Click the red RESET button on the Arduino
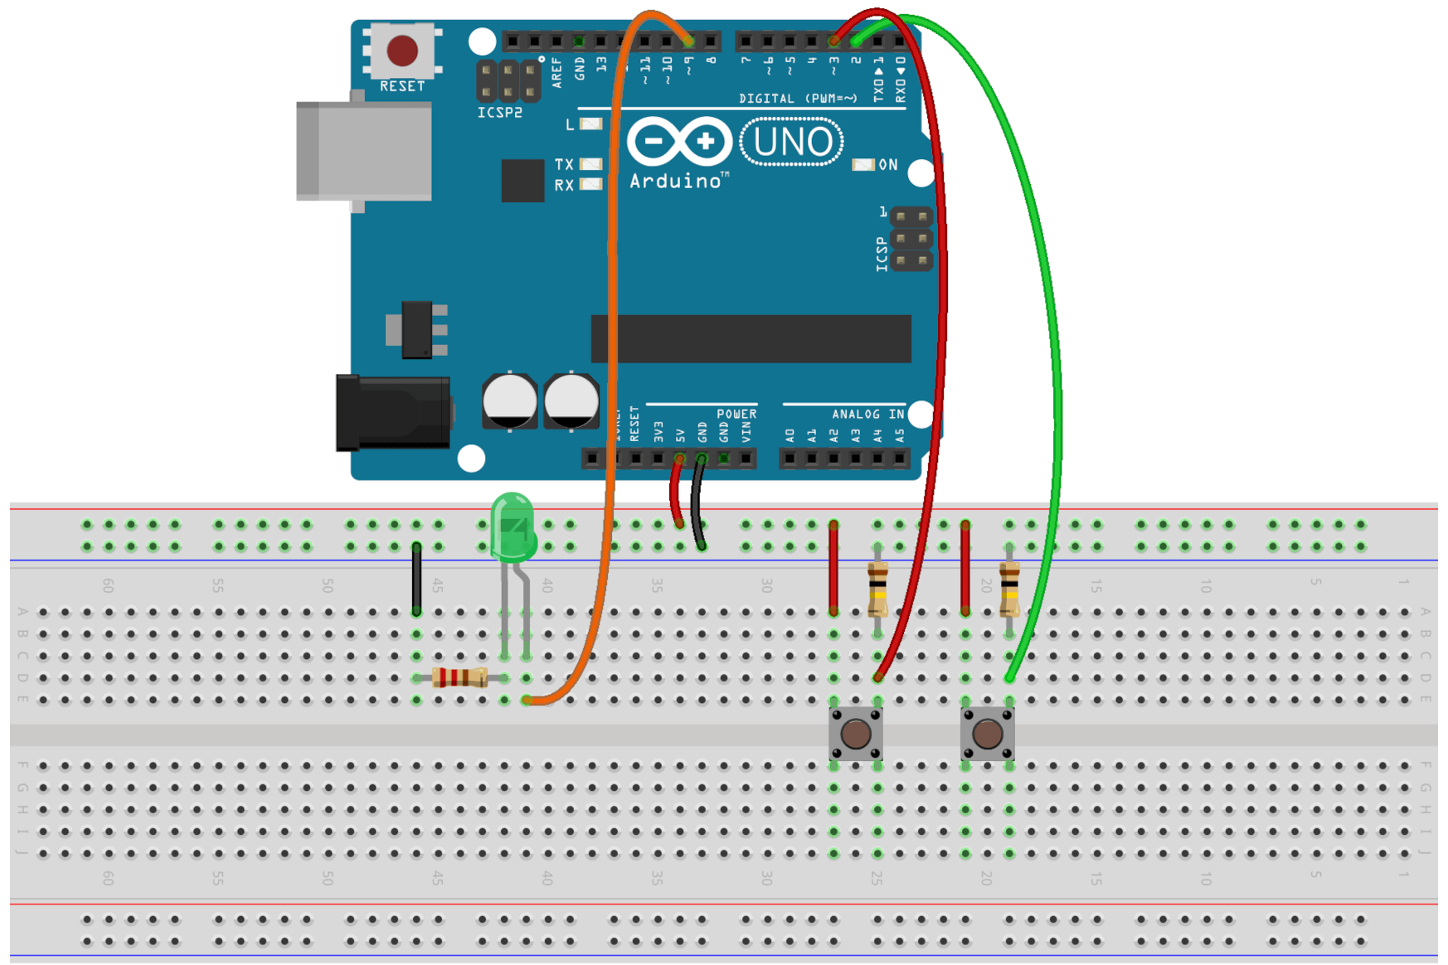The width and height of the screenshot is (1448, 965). [x=402, y=51]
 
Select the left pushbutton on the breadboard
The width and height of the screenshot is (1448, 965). [x=855, y=734]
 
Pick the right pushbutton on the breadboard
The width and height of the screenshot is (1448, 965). [x=987, y=734]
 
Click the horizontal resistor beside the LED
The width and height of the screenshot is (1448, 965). [x=459, y=677]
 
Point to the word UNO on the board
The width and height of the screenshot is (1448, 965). [x=792, y=142]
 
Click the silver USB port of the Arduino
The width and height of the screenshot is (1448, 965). [x=365, y=151]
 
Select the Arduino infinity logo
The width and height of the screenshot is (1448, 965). [x=679, y=141]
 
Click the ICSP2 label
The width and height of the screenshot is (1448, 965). [x=499, y=113]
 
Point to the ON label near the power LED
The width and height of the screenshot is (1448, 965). [x=888, y=165]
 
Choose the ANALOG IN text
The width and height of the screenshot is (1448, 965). [x=867, y=414]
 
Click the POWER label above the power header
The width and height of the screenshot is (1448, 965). [x=736, y=414]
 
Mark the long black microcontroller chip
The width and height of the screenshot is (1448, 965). [x=751, y=338]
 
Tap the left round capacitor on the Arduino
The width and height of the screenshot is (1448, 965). [x=509, y=401]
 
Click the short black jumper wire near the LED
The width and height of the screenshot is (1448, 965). [x=416, y=579]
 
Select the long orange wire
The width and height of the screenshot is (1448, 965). [x=612, y=249]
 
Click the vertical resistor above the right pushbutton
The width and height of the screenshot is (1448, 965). [x=1009, y=589]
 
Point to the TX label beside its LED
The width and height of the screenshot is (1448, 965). [x=564, y=164]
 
